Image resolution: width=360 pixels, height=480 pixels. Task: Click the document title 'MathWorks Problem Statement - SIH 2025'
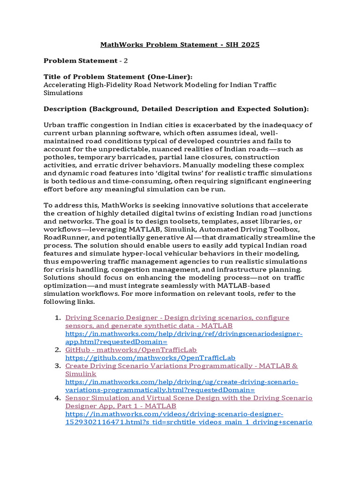pos(180,45)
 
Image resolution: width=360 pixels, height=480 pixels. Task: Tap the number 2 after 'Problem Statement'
pos(126,61)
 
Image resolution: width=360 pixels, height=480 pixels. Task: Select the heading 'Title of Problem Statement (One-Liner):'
pos(118,77)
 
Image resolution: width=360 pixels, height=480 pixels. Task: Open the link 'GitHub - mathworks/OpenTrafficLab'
pos(131,350)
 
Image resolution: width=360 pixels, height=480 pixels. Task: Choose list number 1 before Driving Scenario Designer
pos(58,318)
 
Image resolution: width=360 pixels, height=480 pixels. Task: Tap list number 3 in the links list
pos(58,366)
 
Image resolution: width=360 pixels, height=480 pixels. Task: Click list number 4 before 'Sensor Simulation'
pos(58,398)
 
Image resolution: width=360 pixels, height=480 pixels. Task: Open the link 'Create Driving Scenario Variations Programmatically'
pos(181,366)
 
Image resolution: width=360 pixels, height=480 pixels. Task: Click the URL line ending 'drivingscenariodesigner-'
pos(184,334)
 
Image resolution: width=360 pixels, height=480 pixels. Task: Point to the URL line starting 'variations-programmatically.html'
pos(160,390)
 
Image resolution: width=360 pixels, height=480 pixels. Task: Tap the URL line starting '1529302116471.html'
pos(188,422)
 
